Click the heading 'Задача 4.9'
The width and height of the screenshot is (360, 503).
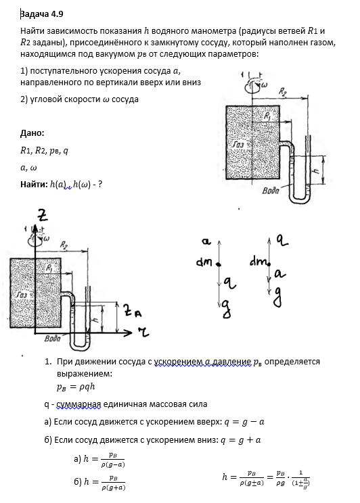tap(41, 14)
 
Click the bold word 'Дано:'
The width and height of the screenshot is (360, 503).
tap(32, 133)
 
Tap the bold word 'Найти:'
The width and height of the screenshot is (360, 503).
tap(34, 184)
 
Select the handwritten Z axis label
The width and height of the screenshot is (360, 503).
tap(42, 214)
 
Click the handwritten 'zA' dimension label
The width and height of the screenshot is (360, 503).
tap(133, 310)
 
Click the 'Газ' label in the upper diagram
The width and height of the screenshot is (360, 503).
tap(238, 145)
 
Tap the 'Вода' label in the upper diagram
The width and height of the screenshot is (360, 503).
tap(271, 191)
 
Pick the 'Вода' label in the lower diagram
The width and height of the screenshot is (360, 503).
tap(52, 338)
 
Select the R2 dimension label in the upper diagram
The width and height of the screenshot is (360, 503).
tap(282, 92)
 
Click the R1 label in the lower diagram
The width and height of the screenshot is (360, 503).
tap(49, 268)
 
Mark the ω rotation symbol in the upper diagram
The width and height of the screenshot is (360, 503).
tap(265, 85)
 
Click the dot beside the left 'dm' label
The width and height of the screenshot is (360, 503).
tap(219, 264)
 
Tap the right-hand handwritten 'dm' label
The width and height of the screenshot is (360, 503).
tap(258, 262)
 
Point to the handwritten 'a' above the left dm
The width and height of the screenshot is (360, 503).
tap(206, 241)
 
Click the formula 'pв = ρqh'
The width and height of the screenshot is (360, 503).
tap(76, 387)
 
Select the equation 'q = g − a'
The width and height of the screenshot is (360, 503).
tap(244, 422)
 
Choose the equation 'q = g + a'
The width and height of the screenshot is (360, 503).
tap(240, 440)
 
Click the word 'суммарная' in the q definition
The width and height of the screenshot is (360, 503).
tap(78, 404)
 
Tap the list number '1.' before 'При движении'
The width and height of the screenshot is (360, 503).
tap(48, 362)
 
